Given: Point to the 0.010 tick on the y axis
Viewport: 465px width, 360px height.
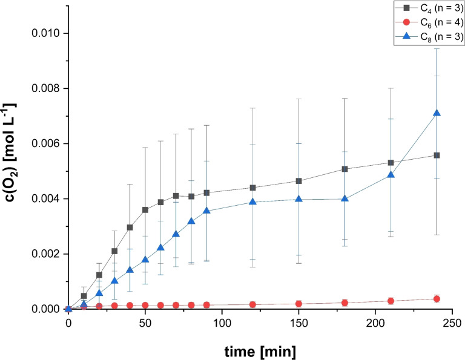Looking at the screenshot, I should (46, 33).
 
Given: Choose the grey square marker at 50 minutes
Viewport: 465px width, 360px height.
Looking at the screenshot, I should (145, 210).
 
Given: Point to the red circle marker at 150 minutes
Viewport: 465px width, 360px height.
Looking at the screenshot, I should (298, 304).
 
